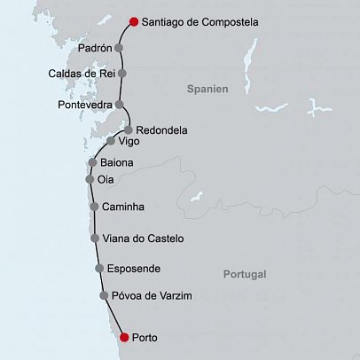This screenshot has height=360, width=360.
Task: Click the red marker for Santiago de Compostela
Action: coord(133,22)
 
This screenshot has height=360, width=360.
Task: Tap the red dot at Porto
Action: coord(123,337)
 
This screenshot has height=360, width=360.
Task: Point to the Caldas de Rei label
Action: coord(82,74)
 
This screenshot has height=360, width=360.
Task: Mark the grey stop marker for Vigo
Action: coord(111,141)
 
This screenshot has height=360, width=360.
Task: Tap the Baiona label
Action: coord(118,163)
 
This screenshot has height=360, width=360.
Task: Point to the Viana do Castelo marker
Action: coord(95,239)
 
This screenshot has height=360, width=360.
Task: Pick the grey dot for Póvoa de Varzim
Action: coord(105,295)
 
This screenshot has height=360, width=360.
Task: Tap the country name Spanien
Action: coord(208,90)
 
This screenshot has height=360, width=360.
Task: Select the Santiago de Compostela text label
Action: coord(200,22)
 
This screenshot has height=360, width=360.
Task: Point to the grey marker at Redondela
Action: coord(128,129)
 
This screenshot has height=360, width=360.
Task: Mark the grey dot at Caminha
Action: coord(94,207)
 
